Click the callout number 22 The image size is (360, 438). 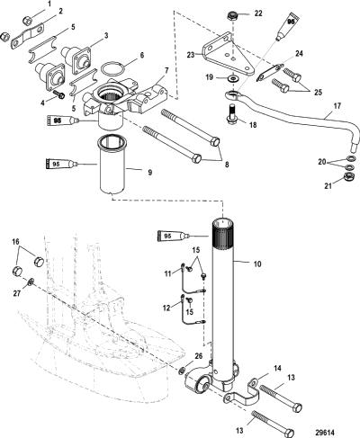[x=258, y=13]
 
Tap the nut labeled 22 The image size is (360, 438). [x=232, y=15]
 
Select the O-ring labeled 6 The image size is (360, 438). [x=112, y=69]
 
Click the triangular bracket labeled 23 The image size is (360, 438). [x=228, y=55]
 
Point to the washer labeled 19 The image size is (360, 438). [x=232, y=78]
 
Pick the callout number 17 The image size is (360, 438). [x=337, y=106]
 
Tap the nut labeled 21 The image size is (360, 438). [x=349, y=175]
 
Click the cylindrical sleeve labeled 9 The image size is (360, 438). [x=112, y=164]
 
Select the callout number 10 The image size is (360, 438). [x=257, y=264]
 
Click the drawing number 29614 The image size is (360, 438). [x=325, y=433]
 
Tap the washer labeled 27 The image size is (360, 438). [x=31, y=282]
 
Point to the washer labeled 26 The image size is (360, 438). [x=182, y=370]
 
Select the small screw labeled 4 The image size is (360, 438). [x=59, y=94]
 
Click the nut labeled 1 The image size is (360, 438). [x=27, y=20]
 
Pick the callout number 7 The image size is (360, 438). [x=166, y=70]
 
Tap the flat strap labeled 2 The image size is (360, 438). [x=28, y=36]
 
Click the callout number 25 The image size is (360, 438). [x=318, y=92]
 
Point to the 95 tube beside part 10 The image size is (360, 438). [x=174, y=236]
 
